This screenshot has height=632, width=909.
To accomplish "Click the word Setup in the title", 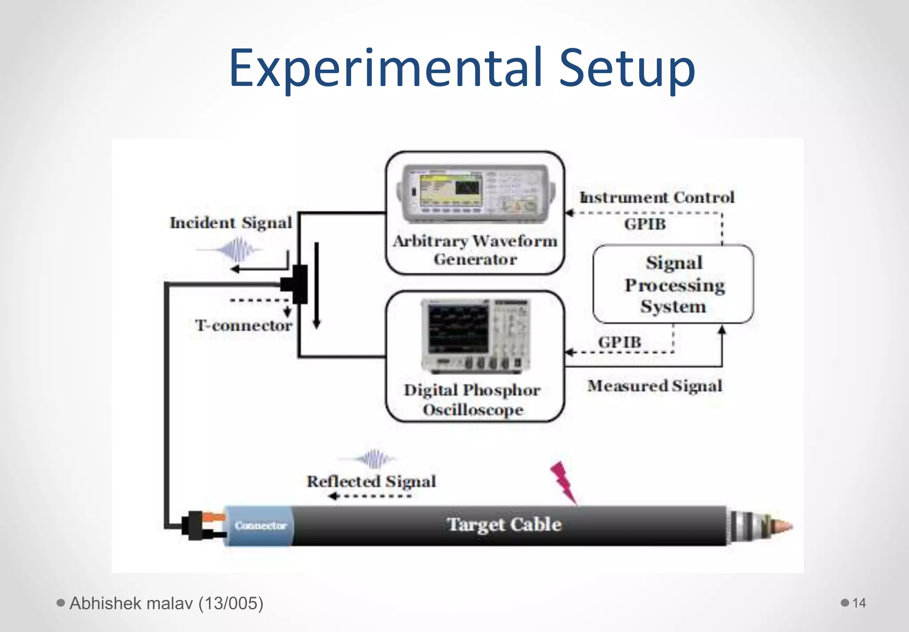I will [x=626, y=69].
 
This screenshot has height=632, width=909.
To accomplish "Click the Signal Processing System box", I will [x=673, y=284].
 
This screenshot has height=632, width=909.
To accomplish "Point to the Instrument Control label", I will [x=657, y=197].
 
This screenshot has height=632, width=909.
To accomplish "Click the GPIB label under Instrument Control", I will [x=645, y=224].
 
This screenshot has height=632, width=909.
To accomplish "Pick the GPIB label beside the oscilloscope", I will [x=620, y=342].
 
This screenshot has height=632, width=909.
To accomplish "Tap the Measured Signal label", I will [x=655, y=386].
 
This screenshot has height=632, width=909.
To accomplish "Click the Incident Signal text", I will [x=231, y=223].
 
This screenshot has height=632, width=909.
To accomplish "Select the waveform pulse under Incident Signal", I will [x=237, y=250].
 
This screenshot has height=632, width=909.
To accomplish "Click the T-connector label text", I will [x=243, y=326].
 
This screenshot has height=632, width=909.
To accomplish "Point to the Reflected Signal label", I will [x=371, y=481].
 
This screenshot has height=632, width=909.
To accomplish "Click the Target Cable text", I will [x=504, y=525].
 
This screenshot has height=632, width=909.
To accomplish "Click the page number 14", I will [x=859, y=603].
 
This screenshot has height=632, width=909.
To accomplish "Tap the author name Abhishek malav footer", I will [x=166, y=603].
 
